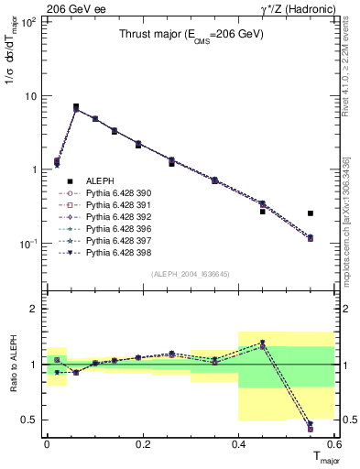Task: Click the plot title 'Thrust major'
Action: (x=191, y=35)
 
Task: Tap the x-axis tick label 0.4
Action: (x=238, y=443)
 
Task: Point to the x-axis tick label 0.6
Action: (x=334, y=443)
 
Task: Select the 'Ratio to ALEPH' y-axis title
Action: (x=11, y=363)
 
